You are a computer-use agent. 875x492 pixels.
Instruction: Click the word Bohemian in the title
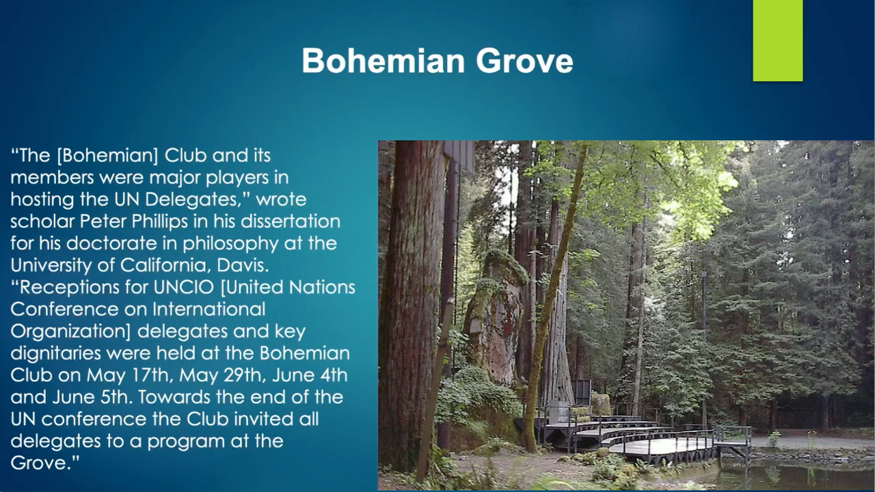tap(383, 61)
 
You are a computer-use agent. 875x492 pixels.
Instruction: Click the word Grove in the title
tap(524, 61)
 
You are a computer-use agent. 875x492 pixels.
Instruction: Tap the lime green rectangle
tap(778, 40)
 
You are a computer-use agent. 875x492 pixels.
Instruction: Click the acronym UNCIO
tap(184, 288)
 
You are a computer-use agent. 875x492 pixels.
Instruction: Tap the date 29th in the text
tap(246, 375)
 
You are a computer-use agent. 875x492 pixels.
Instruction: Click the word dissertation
tap(291, 221)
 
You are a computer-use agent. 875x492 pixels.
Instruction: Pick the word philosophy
tap(231, 244)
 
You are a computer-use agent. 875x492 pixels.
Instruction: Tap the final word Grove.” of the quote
tap(45, 463)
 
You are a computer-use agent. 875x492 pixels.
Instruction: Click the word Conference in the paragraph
tap(64, 310)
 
